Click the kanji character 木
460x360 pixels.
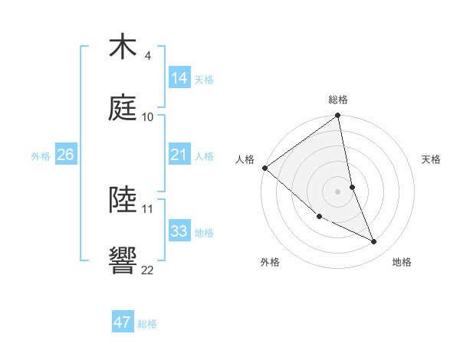coord(123,47)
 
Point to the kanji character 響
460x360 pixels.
coord(123,261)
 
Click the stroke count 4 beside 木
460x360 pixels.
coord(147,56)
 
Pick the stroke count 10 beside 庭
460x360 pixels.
coord(148,116)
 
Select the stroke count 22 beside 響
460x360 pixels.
coord(148,270)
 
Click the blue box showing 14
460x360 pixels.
coord(179,78)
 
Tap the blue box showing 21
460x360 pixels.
coord(179,155)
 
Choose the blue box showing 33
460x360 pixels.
coord(179,231)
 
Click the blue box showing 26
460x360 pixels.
coord(65,155)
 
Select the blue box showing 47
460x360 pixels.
coord(123,322)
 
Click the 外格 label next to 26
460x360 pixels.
coord(41,156)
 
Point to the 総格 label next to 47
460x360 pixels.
coord(147,324)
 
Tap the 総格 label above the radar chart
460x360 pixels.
coord(338,100)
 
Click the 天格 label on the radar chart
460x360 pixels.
coord(432,159)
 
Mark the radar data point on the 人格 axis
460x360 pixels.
coord(264,168)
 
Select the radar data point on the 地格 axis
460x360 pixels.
coord(374,242)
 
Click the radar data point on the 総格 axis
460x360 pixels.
coord(338,116)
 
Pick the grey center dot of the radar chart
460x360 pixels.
coord(338,191)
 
